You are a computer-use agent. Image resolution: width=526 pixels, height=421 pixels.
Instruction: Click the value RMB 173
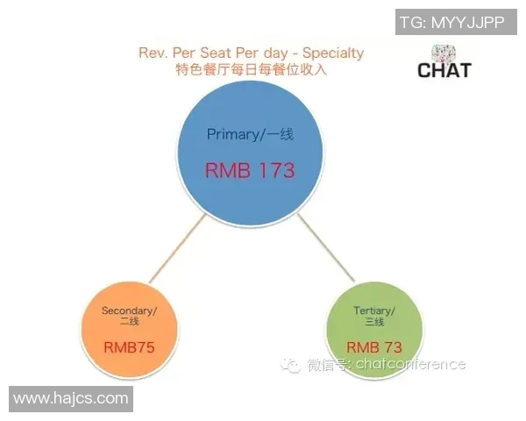point(250,170)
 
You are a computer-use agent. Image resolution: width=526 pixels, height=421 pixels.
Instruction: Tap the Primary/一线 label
point(250,134)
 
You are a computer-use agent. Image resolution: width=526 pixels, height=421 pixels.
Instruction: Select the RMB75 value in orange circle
point(129,347)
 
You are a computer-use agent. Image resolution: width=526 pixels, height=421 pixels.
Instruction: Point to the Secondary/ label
point(129,310)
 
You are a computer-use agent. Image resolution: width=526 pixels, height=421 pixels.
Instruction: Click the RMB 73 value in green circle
point(374,347)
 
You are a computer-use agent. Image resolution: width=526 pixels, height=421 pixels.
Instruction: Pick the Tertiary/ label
point(374,310)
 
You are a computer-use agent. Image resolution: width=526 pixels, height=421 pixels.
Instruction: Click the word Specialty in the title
point(333,54)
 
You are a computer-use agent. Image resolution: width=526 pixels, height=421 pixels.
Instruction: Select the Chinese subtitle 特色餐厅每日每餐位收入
point(252,69)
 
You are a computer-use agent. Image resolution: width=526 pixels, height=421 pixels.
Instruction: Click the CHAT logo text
point(444,70)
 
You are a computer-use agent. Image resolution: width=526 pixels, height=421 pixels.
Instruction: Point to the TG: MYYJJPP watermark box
point(456,22)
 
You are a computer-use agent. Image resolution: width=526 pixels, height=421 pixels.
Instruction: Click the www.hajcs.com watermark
point(71,399)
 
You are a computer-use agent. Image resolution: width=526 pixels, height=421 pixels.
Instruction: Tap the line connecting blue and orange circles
point(177,249)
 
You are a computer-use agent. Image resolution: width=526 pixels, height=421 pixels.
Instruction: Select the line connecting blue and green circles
point(326,248)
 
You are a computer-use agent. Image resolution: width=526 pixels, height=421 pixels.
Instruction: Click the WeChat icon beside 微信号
point(290,365)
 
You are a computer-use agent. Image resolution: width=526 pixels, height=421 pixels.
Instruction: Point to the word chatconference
point(410,364)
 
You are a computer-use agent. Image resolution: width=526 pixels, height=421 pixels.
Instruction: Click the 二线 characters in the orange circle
point(130,322)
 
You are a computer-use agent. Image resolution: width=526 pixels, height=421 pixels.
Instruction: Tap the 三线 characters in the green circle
point(374,322)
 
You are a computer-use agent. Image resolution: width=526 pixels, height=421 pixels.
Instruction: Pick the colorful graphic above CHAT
point(444,54)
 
